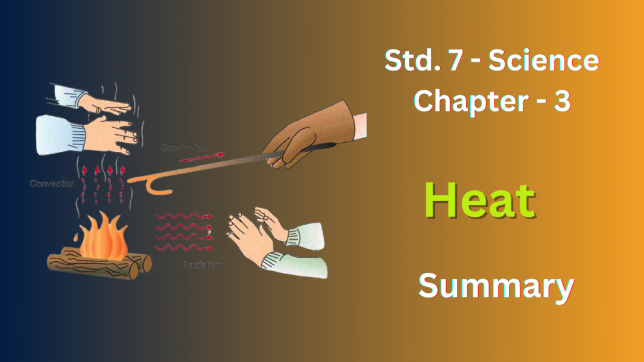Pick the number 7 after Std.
pos(450,61)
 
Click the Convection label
pos(52,184)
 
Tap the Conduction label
pos(185,148)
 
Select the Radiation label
pos(201,265)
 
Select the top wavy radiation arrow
pos(183,216)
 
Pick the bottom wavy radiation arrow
pos(183,248)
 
